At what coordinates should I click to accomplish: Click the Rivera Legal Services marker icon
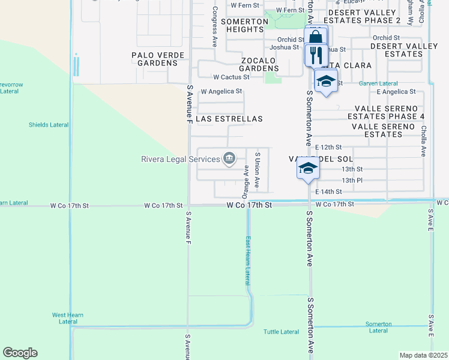[229, 158]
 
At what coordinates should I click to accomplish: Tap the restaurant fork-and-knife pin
[315, 56]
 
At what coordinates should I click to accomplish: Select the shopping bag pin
[315, 37]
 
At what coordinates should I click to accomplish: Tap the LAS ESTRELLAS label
[229, 119]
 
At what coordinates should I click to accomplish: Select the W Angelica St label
[221, 92]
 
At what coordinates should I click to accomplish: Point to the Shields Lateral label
[49, 125]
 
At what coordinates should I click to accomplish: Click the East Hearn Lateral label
[247, 260]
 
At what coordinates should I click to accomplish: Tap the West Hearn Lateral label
[68, 318]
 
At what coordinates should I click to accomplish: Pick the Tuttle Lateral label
[281, 332]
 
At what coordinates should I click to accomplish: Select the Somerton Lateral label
[378, 327]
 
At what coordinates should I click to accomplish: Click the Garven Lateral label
[378, 83]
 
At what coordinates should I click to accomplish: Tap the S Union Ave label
[257, 170]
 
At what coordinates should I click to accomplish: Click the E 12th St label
[328, 147]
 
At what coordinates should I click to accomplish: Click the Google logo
[20, 353]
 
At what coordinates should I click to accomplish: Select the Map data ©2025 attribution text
[423, 355]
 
